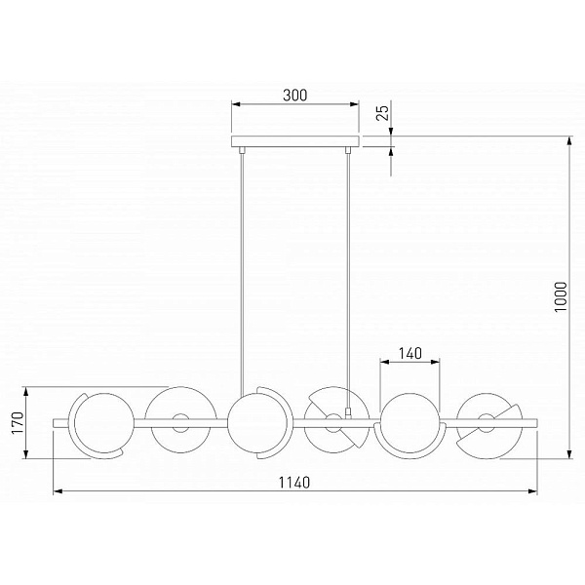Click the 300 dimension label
click(294, 96)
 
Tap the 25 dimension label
click(382, 113)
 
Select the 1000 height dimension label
click(561, 297)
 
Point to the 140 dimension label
click(410, 353)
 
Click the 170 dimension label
click(18, 423)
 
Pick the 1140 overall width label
click(294, 483)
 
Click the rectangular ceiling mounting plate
click(294, 141)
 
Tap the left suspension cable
click(243, 273)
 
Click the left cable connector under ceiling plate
click(242, 149)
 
